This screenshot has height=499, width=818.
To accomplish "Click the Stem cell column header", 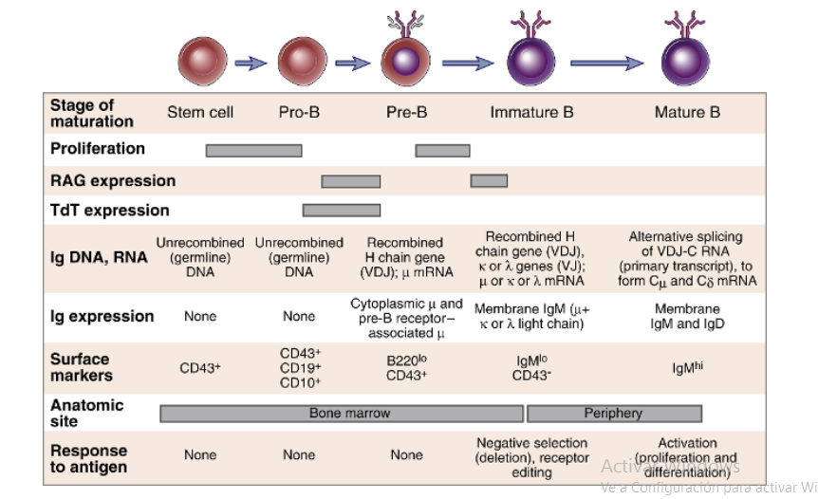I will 200,112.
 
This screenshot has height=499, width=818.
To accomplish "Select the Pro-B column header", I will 299,112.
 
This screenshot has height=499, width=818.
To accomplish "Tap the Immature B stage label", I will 531,112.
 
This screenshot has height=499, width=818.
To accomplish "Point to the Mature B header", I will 687,112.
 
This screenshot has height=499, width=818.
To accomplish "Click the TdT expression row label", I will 109,210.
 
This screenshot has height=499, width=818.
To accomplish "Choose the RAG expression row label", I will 112,180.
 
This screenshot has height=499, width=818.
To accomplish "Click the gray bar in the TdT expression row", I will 341,210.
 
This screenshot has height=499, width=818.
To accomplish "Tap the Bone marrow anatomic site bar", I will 341,414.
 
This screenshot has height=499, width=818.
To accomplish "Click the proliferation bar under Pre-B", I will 442,150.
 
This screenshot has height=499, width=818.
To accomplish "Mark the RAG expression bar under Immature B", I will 489,180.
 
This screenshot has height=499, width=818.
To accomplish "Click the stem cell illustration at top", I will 202,63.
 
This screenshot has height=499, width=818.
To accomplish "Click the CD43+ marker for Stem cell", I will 200,367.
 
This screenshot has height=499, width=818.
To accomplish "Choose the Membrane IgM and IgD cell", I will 687,316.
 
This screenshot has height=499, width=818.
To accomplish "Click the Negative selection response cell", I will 531,457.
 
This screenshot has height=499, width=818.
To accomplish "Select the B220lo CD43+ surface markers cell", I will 406,367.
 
